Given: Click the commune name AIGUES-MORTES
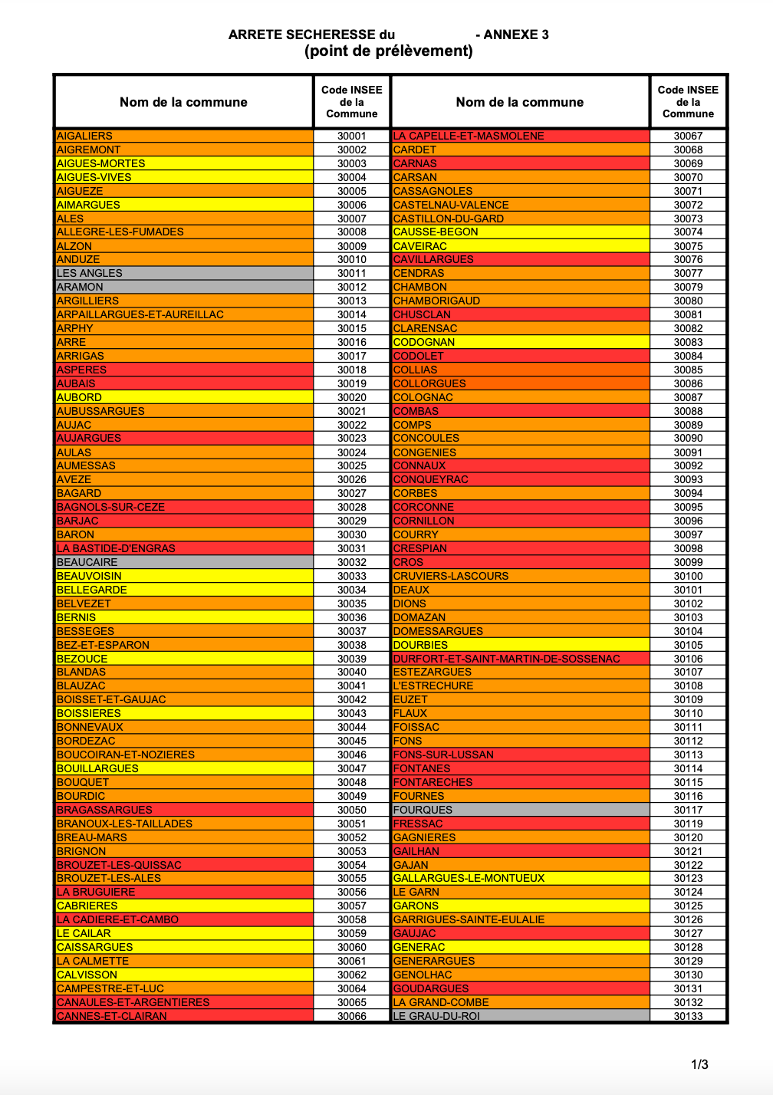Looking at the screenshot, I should [101, 163].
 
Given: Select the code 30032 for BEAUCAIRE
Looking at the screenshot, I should [352, 562].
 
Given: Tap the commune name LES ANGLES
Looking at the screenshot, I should [90, 273].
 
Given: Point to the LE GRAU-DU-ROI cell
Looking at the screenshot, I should [436, 1016].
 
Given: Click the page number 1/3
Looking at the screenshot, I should [699, 1064].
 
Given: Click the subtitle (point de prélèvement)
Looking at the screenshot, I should [388, 51].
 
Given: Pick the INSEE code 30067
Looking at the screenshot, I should [688, 136].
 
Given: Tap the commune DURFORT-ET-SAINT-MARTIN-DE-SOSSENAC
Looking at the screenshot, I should [506, 659].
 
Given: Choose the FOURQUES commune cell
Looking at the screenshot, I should [423, 810].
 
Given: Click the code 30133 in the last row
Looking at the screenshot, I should [688, 1016].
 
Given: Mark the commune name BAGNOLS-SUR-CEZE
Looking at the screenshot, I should [111, 507].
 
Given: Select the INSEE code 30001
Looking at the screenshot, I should [352, 136].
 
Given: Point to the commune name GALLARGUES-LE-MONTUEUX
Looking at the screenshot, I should [469, 878].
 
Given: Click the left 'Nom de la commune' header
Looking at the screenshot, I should [183, 102].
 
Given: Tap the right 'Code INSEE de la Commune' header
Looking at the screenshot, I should [688, 102].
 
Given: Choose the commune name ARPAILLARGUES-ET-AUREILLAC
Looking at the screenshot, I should [140, 314].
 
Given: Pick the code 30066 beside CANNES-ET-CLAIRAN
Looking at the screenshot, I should [352, 1016].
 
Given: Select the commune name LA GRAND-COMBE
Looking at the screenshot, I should [441, 1002].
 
